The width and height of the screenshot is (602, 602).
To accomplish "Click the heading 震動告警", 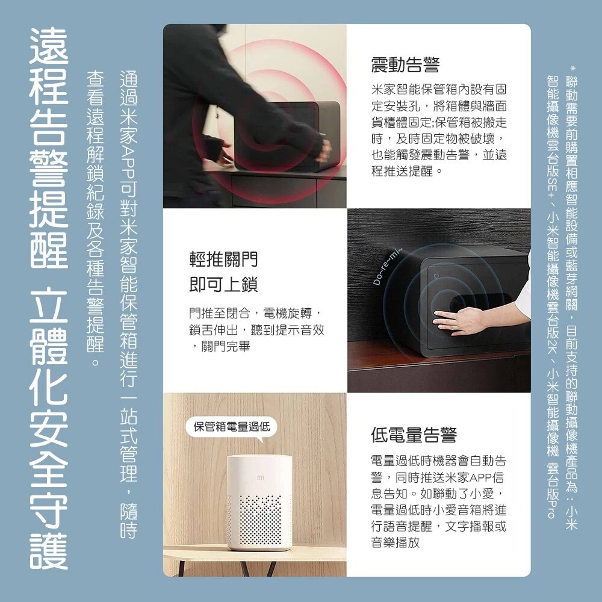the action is point(405,64).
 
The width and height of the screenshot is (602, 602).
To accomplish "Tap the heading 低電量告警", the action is point(414,435).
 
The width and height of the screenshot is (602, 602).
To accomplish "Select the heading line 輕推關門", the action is point(223,259).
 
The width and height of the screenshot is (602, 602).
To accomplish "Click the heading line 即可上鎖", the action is point(223,285).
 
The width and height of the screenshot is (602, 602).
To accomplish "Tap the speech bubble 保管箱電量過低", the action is point(232,427).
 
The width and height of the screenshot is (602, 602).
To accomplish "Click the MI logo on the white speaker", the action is point(260,477).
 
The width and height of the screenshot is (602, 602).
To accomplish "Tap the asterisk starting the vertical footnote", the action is point(572,69).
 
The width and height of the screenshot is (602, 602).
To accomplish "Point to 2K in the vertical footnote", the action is point(553,344).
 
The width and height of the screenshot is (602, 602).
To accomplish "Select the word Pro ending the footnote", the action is point(553,509).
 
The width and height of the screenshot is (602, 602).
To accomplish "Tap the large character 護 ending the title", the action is point(49,550).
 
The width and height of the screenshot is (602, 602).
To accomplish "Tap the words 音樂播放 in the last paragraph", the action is point(396,542).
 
